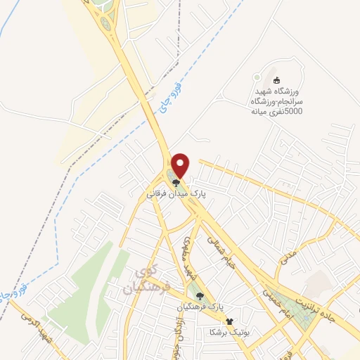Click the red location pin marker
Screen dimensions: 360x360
pyautogui.click(x=181, y=165)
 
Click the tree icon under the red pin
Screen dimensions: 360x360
pyautogui.click(x=175, y=180)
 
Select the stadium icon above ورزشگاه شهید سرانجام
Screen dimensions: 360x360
pyautogui.click(x=276, y=80)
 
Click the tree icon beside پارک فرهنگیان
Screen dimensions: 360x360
pyautogui.click(x=201, y=297)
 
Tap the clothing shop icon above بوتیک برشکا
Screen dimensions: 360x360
pyautogui.click(x=229, y=321)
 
